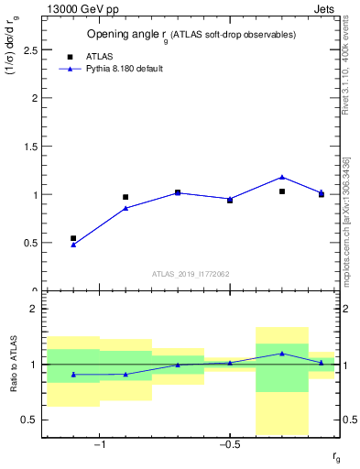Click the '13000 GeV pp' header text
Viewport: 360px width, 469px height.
coord(81,9)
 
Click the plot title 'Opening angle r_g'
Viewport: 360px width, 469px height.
coord(191,34)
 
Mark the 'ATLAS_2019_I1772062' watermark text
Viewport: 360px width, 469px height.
coord(191,273)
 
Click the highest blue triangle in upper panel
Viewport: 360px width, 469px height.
coord(282,177)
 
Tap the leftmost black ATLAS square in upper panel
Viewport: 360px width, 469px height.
coord(73,238)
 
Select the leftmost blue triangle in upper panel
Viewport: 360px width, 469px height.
coord(73,245)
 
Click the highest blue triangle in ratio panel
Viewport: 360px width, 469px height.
coord(282,353)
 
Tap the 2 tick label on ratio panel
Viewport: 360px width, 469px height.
coord(34,309)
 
